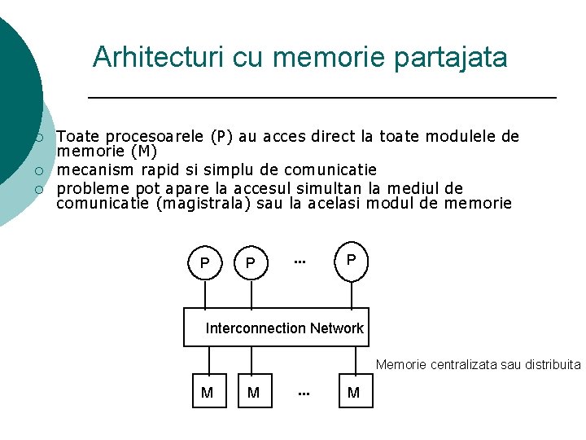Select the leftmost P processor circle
[205, 262]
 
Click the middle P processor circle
[251, 262]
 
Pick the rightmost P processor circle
[351, 259]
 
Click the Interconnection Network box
[277, 327]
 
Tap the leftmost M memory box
[208, 393]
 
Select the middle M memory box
[253, 393]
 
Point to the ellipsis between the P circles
[300, 262]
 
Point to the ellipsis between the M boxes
[304, 394]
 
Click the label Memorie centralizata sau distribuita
[478, 364]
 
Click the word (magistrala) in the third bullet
[203, 204]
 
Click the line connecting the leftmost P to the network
[205, 294]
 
